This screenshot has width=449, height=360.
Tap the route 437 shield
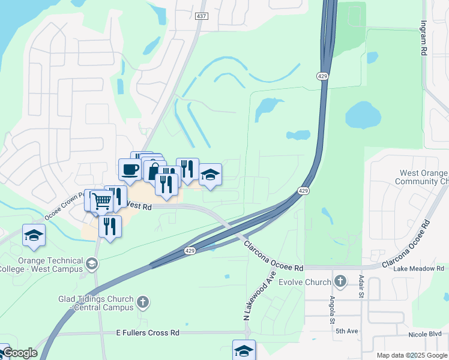pyautogui.click(x=202, y=16)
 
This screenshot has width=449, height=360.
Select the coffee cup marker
pyautogui.click(x=130, y=169)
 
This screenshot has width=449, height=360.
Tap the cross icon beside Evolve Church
pyautogui.click(x=340, y=281)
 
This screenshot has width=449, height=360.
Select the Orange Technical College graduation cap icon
pyautogui.click(x=91, y=263)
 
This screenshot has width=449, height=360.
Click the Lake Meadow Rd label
pyautogui.click(x=418, y=269)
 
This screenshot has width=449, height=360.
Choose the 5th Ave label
pyautogui.click(x=347, y=331)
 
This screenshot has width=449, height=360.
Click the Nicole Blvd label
pyautogui.click(x=427, y=334)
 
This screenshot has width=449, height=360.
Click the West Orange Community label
pyautogui.click(x=424, y=177)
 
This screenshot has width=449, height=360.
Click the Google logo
pyautogui.click(x=20, y=353)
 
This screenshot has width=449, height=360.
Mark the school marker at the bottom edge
pyautogui.click(x=244, y=350)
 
